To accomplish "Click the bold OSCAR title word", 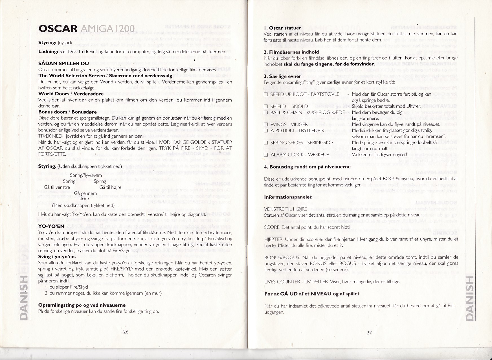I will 58,28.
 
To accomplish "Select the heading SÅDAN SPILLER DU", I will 63,63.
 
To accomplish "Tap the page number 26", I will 126,332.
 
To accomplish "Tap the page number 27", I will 369,333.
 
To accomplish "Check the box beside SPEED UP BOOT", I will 265,95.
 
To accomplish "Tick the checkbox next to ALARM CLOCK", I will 265,155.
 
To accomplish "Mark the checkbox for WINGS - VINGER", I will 265,124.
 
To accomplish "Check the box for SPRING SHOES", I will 265,143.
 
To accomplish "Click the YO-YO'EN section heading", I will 51,226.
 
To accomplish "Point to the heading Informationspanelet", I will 288,197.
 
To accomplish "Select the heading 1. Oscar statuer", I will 282,28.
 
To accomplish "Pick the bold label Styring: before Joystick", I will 47,43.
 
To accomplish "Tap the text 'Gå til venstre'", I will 57,187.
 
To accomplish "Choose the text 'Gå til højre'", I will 110,187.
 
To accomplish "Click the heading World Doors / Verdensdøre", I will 71,94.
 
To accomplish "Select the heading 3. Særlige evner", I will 282,76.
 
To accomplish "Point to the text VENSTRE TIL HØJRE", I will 282,209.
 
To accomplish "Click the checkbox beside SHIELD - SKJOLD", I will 265,106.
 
